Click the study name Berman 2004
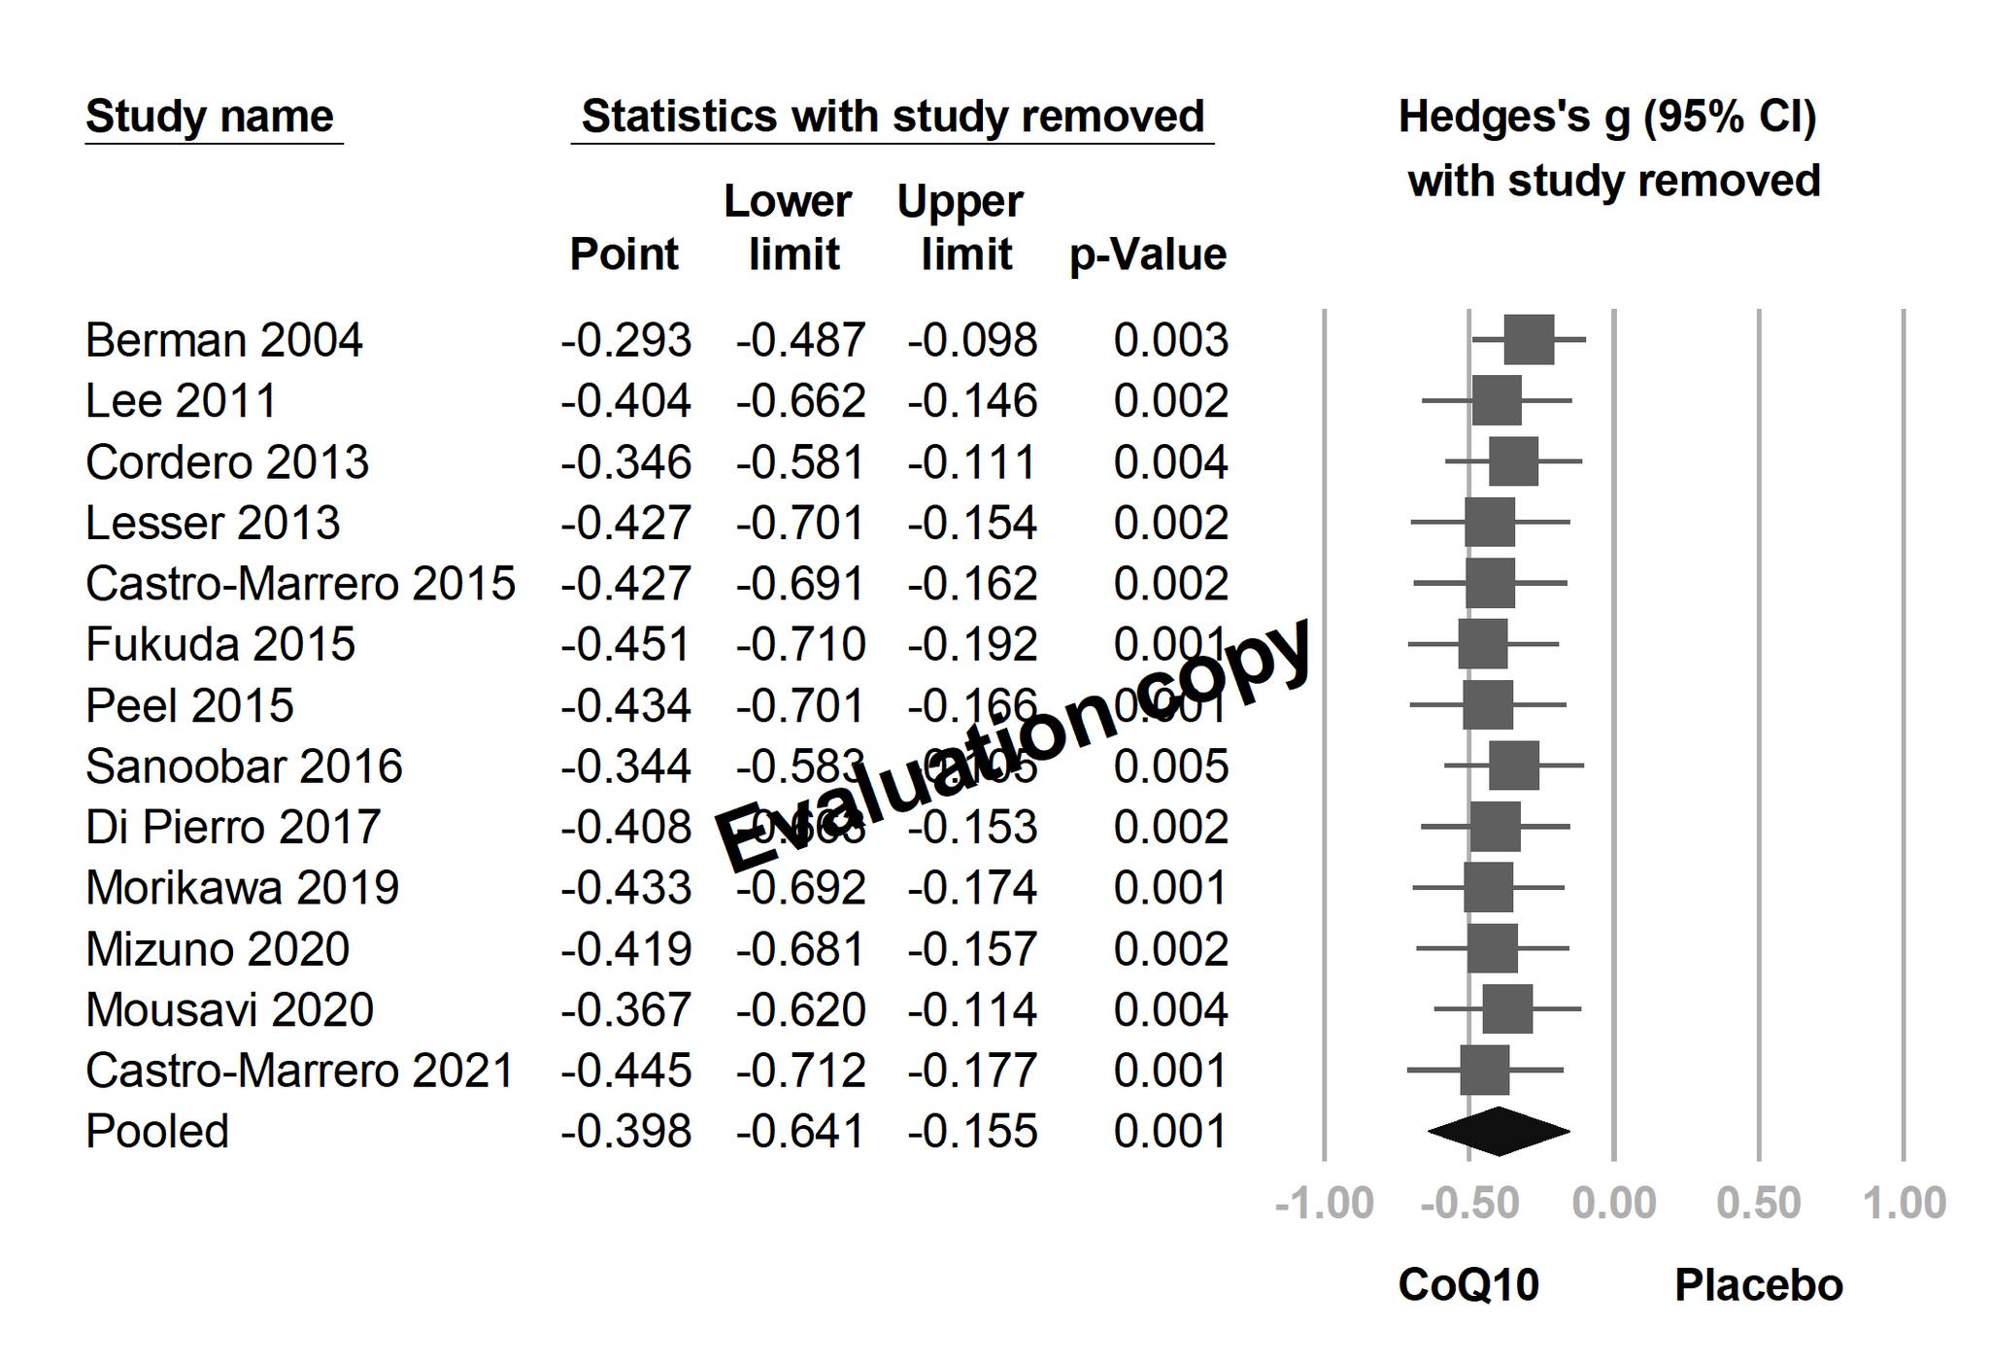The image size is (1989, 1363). tap(223, 341)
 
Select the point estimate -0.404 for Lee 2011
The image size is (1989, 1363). tap(625, 401)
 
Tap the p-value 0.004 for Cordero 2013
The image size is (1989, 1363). tap(1170, 462)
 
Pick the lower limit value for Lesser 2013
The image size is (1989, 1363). tap(799, 524)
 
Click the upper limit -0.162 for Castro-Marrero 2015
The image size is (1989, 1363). tap(972, 584)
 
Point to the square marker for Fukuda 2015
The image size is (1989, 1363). tap(1482, 644)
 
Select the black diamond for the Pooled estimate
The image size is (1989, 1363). tap(1499, 1131)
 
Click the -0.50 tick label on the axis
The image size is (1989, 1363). tap(1468, 1204)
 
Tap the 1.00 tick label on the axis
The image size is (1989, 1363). tap(1904, 1204)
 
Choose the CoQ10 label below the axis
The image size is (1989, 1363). tap(1468, 1285)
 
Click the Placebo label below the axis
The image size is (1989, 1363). tap(1759, 1285)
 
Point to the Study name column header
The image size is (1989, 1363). tap(210, 118)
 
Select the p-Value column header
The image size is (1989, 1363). tap(1147, 256)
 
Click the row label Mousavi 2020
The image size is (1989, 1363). tap(229, 1010)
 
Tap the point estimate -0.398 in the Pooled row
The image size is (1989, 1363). tap(625, 1132)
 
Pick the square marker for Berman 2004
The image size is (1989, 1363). tap(1529, 340)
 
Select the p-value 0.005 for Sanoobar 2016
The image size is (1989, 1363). tap(1170, 767)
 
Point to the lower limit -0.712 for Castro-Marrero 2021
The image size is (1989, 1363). tap(799, 1072)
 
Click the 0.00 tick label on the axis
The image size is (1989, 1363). tap(1614, 1204)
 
